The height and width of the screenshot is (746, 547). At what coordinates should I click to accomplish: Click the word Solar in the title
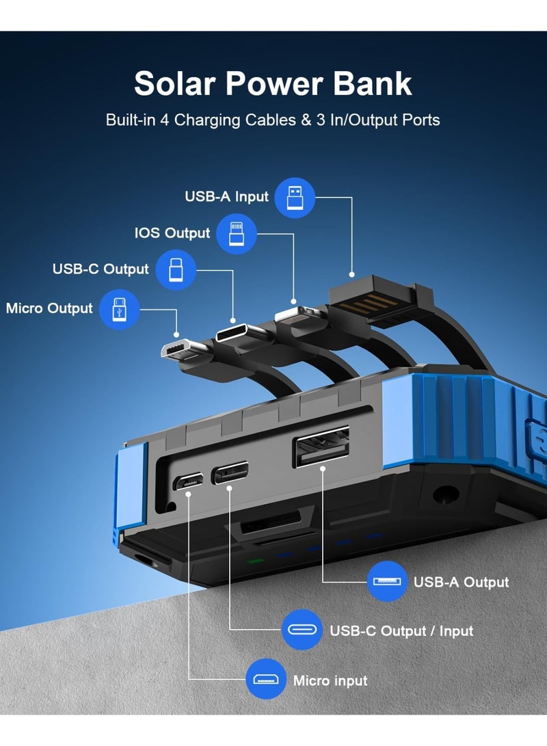[174, 83]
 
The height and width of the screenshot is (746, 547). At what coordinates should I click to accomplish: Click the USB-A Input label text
[226, 196]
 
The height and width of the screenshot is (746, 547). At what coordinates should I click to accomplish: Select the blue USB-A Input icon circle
[295, 198]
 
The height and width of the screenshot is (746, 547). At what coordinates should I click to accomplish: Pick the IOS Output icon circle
[237, 234]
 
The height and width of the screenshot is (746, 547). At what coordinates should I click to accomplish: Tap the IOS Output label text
[172, 233]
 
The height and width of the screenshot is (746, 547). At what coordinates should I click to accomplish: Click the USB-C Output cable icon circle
[176, 270]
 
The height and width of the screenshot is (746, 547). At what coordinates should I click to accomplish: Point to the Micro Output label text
[49, 308]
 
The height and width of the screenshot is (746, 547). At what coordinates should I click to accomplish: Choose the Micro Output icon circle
[120, 310]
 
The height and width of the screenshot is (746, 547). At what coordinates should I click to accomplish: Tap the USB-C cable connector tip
[240, 332]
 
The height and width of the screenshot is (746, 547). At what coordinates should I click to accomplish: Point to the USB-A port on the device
[321, 447]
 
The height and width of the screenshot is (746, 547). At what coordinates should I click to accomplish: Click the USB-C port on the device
[230, 473]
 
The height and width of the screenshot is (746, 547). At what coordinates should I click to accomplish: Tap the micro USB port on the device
[187, 481]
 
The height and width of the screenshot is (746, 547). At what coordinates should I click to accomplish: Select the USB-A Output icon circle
[387, 581]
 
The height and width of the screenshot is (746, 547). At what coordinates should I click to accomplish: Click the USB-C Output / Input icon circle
[302, 630]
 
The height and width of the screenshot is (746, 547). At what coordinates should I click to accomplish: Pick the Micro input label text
[330, 681]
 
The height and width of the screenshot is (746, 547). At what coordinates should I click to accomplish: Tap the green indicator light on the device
[256, 561]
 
